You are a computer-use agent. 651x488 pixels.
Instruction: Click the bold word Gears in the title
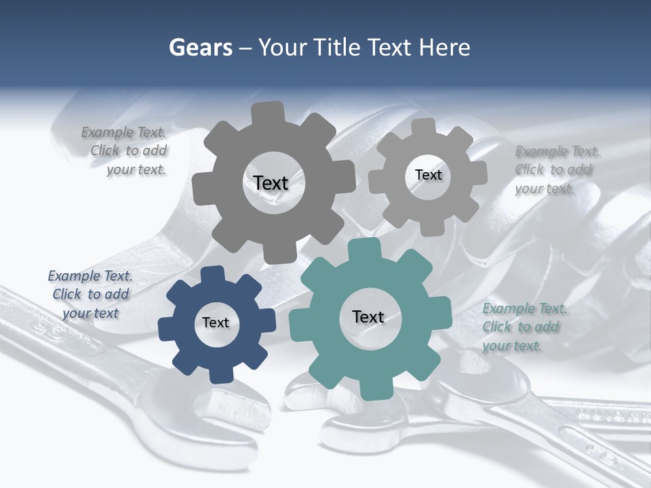point(199,47)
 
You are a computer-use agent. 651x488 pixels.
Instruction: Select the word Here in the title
point(445,47)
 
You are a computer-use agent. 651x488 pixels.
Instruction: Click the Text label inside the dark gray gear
point(271,183)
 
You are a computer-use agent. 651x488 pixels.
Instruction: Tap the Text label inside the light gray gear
point(428,175)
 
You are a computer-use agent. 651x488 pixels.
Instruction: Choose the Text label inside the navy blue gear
point(216,323)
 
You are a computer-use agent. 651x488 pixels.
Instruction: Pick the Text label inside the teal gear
point(368,317)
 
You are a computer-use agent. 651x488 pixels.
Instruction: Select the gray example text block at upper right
point(556,169)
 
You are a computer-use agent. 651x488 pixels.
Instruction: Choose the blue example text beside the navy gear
point(90,294)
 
